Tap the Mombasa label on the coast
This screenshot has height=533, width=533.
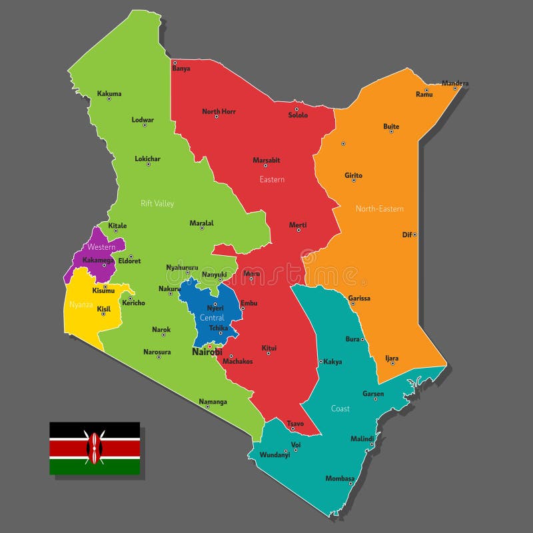[x=340, y=478]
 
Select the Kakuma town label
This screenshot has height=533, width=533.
[x=109, y=94]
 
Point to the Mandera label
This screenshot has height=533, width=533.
[x=455, y=84]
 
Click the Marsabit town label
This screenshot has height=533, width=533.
[x=266, y=160]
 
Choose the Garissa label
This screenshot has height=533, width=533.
[x=359, y=298]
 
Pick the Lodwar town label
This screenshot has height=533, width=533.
[x=143, y=120]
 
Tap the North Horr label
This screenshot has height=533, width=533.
[x=219, y=111]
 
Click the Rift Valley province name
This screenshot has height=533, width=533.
[x=157, y=203]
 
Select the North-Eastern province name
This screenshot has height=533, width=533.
[x=380, y=209]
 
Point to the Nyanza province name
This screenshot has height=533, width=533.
[x=81, y=305]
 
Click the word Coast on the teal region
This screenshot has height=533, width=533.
[x=340, y=408]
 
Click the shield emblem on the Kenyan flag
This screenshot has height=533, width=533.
[x=95, y=448]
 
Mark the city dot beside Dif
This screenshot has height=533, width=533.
[x=414, y=235]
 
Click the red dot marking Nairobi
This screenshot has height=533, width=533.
[x=210, y=346]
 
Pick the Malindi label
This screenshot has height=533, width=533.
[x=362, y=438]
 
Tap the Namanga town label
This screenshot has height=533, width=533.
[x=213, y=402]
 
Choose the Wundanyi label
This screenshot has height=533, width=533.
[x=275, y=454]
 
